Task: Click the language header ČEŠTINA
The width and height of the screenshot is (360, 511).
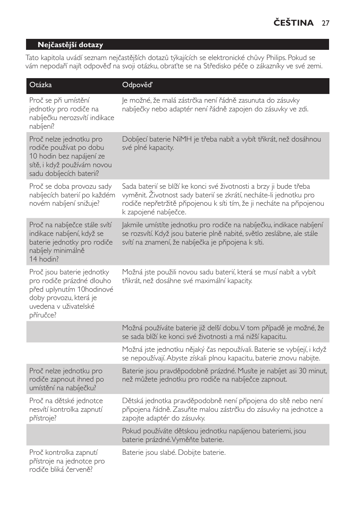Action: pos(294,23)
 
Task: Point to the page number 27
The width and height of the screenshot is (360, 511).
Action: pos(326,23)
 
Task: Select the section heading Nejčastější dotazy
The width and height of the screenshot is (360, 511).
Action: pos(70,45)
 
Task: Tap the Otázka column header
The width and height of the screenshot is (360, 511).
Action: pos(40,85)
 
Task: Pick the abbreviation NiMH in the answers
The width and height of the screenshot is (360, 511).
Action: pos(182,139)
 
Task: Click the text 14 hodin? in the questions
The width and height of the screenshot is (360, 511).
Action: pos(44,259)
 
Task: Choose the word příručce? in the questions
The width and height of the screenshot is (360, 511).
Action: pos(43,315)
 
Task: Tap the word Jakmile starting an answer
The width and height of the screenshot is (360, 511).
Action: pos(134,225)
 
